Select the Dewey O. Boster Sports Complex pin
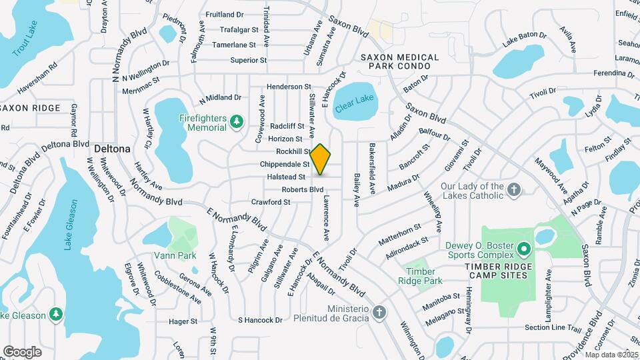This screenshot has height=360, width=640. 524,251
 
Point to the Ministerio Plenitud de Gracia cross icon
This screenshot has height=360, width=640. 379,313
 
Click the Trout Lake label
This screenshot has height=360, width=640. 26,38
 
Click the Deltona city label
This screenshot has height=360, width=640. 111,148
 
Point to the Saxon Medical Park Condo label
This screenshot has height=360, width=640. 400,62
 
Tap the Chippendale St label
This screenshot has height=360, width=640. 285,164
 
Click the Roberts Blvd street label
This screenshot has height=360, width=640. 303,189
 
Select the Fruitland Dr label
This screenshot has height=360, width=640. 225,14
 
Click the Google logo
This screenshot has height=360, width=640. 22,351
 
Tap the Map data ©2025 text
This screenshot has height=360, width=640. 612,355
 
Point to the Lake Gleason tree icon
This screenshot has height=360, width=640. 57,314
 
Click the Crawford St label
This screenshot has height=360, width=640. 271,201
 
